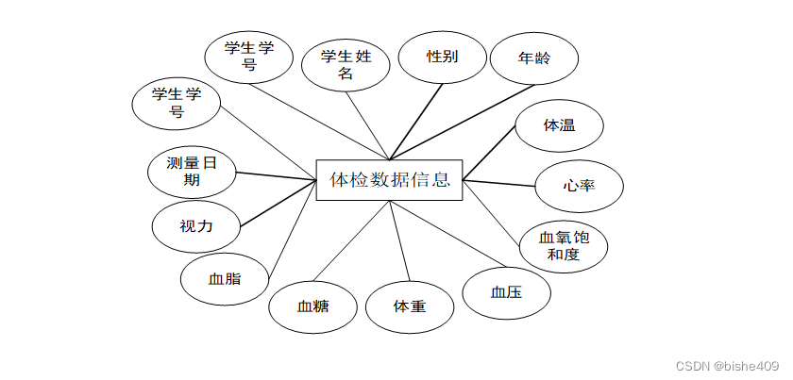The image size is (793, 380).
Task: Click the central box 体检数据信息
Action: pos(389,179)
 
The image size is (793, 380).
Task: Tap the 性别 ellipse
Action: pos(442,57)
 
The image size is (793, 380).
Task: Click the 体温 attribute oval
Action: pos(559,124)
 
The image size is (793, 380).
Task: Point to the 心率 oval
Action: pos(579,185)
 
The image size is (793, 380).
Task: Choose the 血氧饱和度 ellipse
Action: pos(564,246)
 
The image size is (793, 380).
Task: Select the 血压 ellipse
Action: pos(507,292)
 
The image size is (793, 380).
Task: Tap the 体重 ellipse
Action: pos(410,306)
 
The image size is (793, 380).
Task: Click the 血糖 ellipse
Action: pos(312,306)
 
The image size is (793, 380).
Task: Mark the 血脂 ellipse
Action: pos(225,280)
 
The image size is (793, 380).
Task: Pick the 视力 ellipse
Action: pos(196,226)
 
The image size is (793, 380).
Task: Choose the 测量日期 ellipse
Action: pos(192,172)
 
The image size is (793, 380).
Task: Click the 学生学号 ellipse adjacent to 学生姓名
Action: pos(249,57)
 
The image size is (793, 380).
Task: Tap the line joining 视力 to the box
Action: pos(278,206)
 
